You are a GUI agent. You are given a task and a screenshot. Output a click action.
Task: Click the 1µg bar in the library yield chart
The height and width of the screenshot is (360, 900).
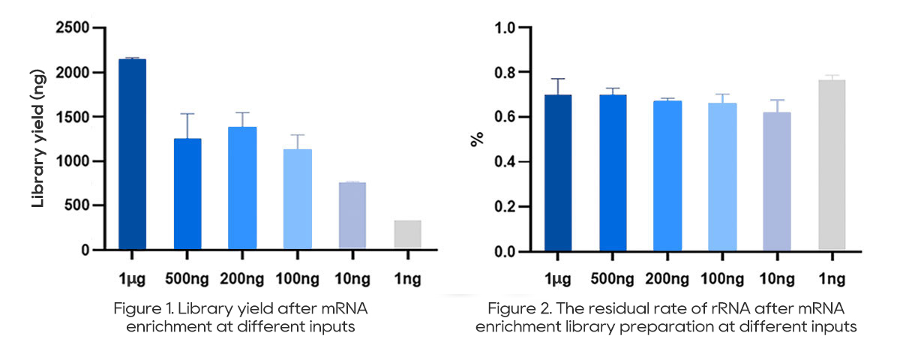click(x=132, y=154)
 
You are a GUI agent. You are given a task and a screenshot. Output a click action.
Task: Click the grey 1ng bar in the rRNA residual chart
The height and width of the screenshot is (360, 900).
click(x=831, y=165)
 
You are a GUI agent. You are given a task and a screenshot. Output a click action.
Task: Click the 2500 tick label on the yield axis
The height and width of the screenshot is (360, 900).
click(x=73, y=28)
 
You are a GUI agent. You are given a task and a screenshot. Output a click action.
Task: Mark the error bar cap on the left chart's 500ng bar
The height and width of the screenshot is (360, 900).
click(x=187, y=114)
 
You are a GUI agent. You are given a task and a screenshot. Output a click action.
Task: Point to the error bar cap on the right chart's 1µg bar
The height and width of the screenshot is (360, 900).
click(x=558, y=79)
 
